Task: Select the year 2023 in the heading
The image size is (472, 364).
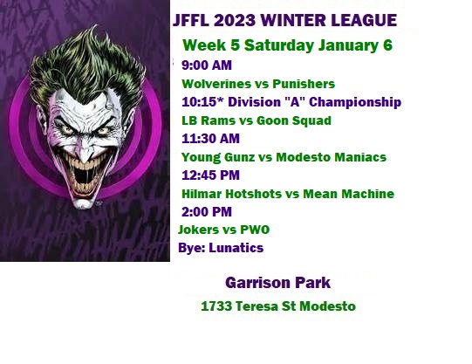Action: point(235,20)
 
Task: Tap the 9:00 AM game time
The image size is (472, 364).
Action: point(207,65)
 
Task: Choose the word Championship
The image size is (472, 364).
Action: point(355,102)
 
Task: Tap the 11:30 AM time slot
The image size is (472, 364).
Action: point(211,139)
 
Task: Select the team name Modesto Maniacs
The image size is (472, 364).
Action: point(332,157)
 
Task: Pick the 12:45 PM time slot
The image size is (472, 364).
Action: point(211,175)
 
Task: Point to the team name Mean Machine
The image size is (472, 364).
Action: point(349,194)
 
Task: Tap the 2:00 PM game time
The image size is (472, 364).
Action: point(207,212)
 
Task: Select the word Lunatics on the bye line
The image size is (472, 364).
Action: point(236,248)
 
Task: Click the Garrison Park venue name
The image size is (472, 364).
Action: point(277,283)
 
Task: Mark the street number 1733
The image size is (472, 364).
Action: point(216,306)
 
